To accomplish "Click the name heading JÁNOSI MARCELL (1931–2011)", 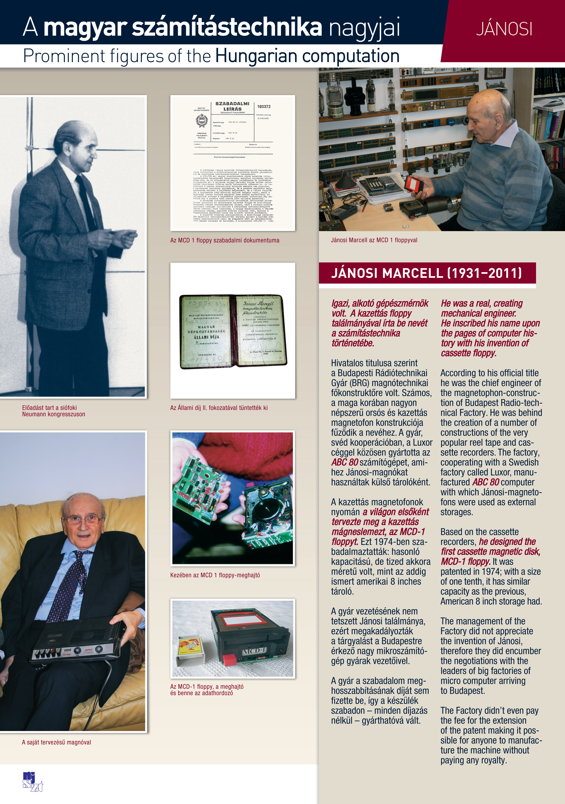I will coord(426,273).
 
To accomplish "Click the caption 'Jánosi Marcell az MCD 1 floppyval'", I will coord(374,240).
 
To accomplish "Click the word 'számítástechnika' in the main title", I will coord(226,27).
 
